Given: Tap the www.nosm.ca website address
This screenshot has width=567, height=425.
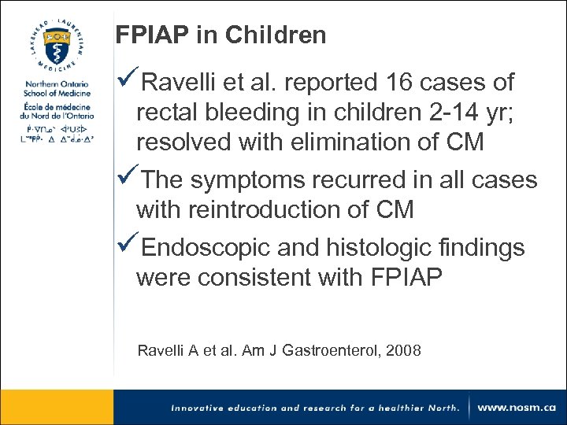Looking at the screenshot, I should click(517, 408).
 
